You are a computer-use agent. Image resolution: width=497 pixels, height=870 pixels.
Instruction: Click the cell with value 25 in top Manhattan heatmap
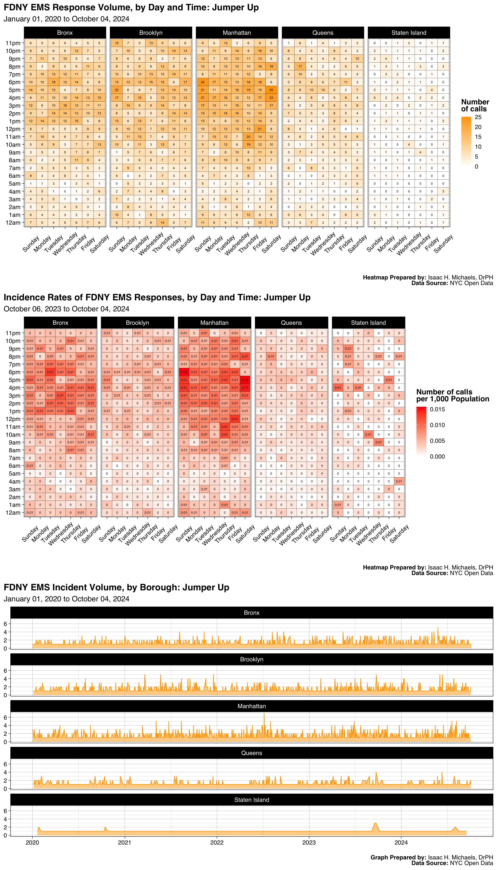[x=271, y=90]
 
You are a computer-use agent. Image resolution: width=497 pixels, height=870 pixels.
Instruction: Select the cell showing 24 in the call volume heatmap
[x=202, y=82]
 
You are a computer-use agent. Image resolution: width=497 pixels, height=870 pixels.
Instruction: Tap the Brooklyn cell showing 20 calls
[x=117, y=90]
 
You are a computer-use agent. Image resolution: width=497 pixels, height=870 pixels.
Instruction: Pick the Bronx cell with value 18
[x=53, y=82]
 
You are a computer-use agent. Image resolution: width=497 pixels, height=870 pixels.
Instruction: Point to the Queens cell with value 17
[x=300, y=66]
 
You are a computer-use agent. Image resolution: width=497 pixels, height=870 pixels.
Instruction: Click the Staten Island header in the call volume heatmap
[x=409, y=33]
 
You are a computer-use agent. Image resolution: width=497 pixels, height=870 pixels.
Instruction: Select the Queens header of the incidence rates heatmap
[x=291, y=323]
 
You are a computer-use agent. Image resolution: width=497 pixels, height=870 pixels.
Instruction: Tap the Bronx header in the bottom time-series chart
[x=252, y=613]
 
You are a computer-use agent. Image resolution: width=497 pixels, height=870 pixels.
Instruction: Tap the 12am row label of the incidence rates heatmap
[x=13, y=512]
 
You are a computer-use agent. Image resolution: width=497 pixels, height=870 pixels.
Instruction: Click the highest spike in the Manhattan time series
[x=264, y=713]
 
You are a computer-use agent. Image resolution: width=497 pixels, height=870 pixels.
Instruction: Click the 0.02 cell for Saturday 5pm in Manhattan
[x=245, y=380]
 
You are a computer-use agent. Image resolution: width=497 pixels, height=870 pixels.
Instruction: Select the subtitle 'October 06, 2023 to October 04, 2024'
[x=66, y=309]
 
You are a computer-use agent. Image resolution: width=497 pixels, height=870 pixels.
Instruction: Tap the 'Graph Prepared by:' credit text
[x=398, y=857]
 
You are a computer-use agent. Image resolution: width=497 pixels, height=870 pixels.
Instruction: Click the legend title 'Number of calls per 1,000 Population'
[x=452, y=395]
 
